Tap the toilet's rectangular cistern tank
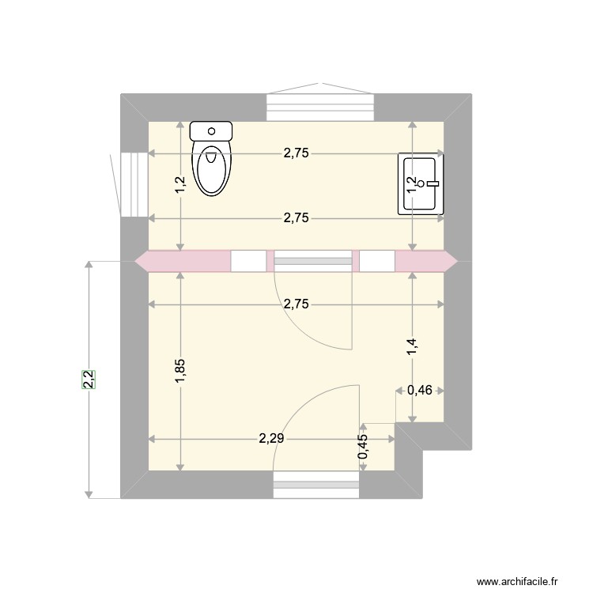(x=212, y=130)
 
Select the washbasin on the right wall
(x=422, y=184)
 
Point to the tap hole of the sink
(x=421, y=183)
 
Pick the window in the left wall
(x=134, y=184)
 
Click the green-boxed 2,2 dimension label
(x=89, y=380)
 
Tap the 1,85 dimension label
(x=180, y=372)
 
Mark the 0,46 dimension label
(x=419, y=390)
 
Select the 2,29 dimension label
(x=271, y=439)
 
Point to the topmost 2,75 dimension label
(x=296, y=154)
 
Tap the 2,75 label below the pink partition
(x=296, y=304)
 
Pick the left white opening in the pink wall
(x=248, y=261)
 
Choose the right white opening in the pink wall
(x=377, y=261)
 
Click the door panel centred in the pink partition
(x=312, y=261)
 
